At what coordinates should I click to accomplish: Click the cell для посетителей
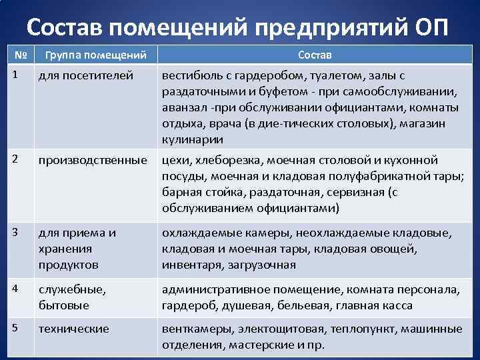(x=86, y=76)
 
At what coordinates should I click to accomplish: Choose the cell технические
(x=74, y=329)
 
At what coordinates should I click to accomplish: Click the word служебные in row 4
(x=70, y=290)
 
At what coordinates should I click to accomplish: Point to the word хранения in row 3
(x=65, y=249)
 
